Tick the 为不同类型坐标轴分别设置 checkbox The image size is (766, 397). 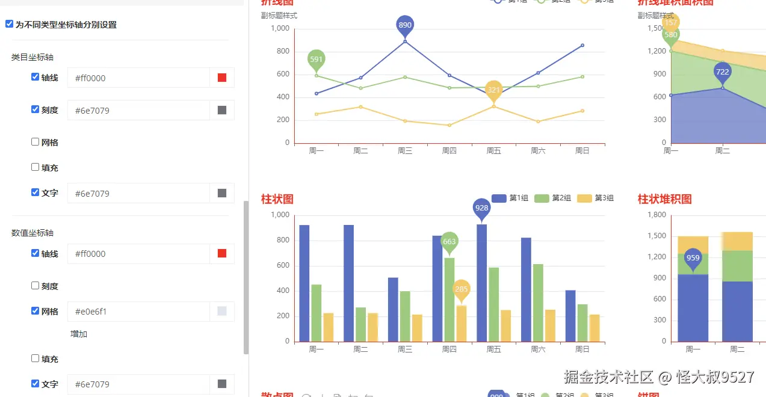[9, 25]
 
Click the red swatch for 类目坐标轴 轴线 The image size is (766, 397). [222, 78]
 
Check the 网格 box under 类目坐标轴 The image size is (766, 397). [35, 142]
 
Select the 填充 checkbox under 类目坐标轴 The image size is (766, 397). [35, 167]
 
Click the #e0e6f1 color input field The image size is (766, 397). [138, 312]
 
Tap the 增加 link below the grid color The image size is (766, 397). [79, 334]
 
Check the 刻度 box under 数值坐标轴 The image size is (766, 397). [35, 286]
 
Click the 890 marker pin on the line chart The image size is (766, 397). [405, 25]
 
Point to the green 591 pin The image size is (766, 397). [317, 60]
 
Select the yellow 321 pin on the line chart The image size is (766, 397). [493, 90]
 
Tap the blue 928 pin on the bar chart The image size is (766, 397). [481, 208]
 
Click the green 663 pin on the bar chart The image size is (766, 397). [449, 242]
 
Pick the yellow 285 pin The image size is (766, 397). [461, 289]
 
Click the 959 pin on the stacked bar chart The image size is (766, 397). [693, 258]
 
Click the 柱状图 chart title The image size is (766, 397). [277, 199]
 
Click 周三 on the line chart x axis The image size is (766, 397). [405, 151]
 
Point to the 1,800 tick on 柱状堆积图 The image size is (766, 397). [656, 215]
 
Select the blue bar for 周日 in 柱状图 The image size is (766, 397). [570, 316]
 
